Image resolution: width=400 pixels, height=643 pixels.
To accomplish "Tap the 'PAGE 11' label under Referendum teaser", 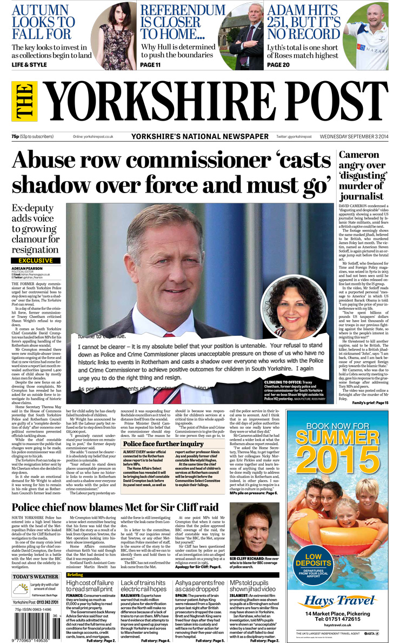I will (x=150, y=65).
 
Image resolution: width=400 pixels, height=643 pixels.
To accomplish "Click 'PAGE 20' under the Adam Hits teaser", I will (x=282, y=65).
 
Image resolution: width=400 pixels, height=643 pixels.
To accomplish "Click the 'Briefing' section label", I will (x=75, y=574).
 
